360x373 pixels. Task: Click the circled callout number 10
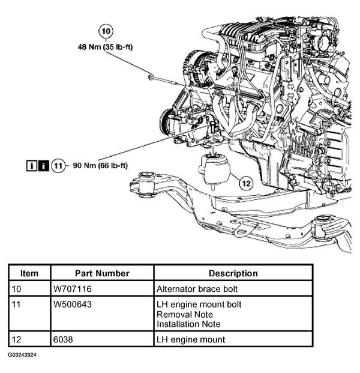pyautogui.click(x=105, y=31)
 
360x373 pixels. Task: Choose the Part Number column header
pyautogui.click(x=102, y=273)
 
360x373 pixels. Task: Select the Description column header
pyautogui.click(x=233, y=273)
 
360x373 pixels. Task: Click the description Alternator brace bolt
pyautogui.click(x=196, y=288)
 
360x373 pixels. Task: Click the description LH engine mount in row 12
pyautogui.click(x=190, y=339)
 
